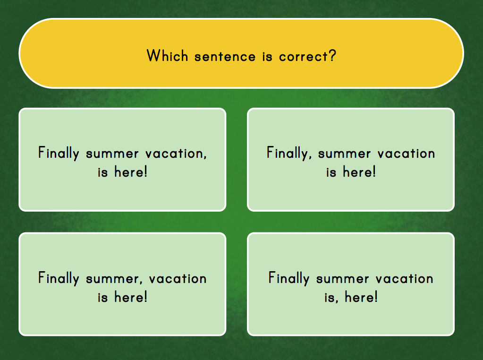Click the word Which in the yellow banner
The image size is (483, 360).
167,56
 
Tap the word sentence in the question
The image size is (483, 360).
225,57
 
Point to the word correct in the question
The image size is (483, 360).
304,57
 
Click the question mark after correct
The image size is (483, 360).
332,55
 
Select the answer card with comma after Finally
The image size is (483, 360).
350,160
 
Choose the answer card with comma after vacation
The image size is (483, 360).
122,160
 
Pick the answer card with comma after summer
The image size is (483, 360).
122,284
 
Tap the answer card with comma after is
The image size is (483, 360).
350,284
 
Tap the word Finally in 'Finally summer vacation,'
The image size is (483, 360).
59,153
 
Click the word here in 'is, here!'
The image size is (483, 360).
358,297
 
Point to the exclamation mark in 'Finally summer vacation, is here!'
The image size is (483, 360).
146,171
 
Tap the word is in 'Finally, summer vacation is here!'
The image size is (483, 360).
331,172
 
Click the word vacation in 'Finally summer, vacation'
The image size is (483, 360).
178,278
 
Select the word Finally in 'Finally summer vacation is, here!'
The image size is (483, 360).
288,278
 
